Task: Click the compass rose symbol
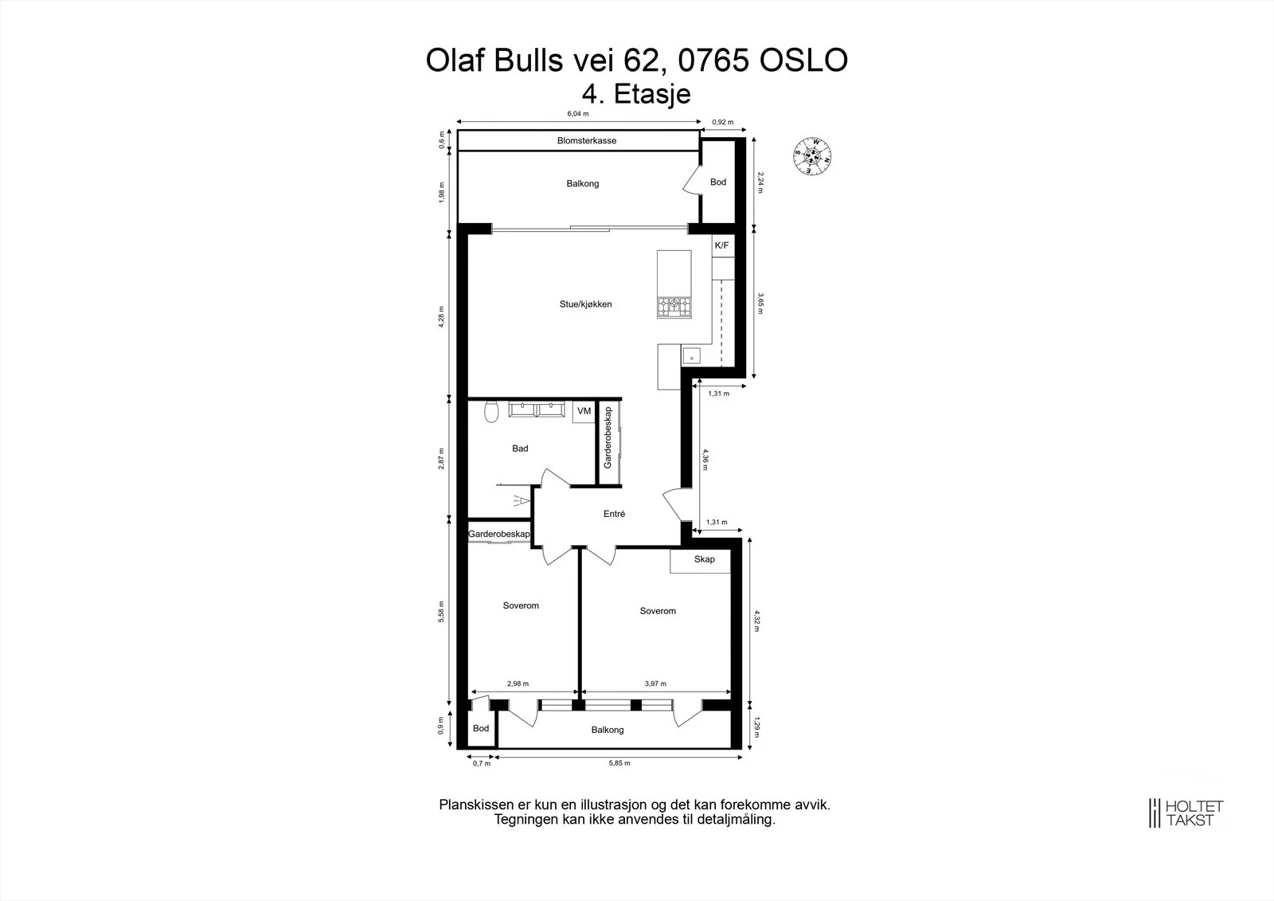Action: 812,156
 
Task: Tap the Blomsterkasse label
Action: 586,140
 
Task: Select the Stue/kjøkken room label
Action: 586,304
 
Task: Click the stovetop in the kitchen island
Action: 674,308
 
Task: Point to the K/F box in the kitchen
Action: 722,245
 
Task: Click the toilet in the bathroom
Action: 490,412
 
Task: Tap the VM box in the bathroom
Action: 584,411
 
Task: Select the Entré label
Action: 614,514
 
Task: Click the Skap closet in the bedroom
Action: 700,560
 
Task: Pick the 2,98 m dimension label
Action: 518,684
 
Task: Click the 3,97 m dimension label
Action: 655,684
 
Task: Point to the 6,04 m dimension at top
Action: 578,114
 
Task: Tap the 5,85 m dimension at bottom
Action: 619,762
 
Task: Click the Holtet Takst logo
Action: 1186,813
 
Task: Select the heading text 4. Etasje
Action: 636,94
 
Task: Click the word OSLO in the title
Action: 803,61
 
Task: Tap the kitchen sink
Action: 692,356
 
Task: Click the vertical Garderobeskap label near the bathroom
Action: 608,437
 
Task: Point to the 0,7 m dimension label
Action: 481,763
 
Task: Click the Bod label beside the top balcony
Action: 717,182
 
